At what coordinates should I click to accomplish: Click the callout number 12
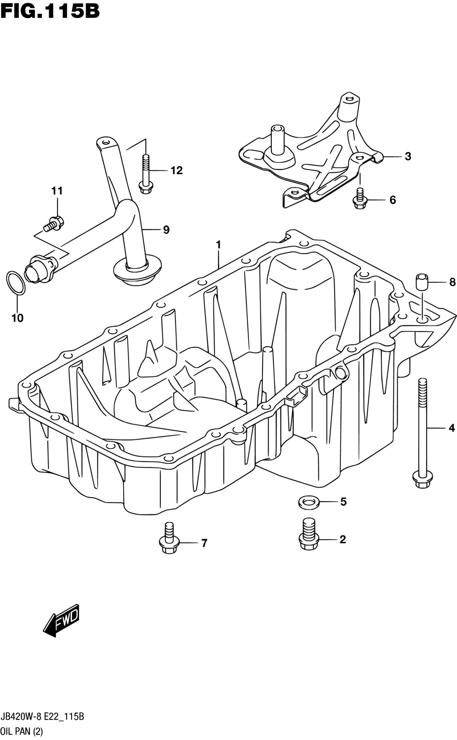[x=177, y=171]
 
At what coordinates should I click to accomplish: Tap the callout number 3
[x=408, y=156]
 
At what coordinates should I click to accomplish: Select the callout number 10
[x=17, y=318]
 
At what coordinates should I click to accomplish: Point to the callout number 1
[x=218, y=245]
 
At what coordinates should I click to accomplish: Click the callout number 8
[x=452, y=282]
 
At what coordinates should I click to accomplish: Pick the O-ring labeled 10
[x=15, y=283]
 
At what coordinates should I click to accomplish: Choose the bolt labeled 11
[x=53, y=223]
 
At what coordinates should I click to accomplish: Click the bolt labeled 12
[x=146, y=175]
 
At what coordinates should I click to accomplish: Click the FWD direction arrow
[x=62, y=621]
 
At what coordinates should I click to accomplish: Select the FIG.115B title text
[x=50, y=11]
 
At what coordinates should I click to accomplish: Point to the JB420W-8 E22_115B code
[x=42, y=716]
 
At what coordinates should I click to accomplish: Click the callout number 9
[x=166, y=230]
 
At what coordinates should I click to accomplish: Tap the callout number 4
[x=452, y=428]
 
